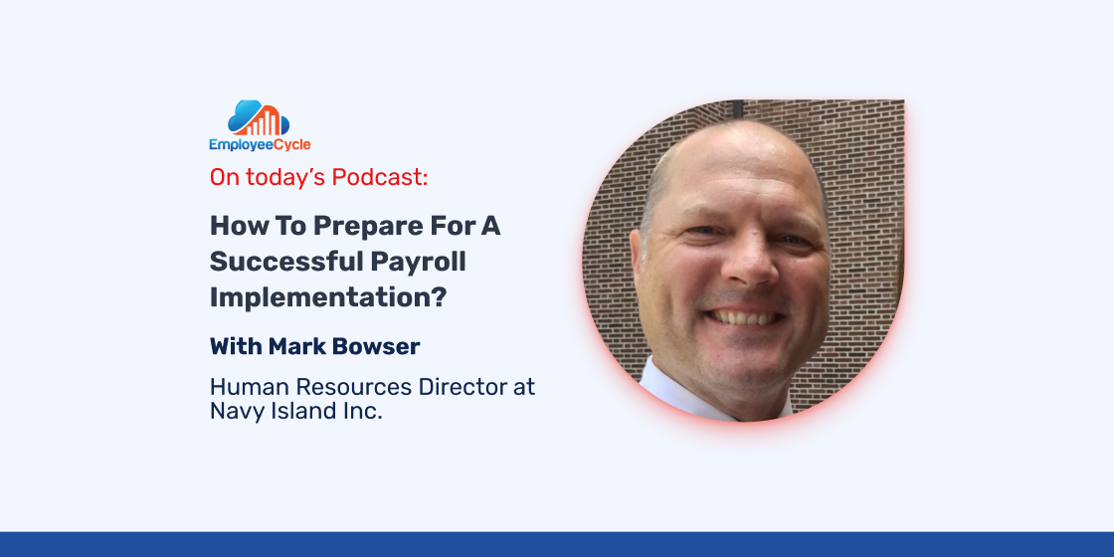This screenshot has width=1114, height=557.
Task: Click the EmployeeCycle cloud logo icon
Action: (259, 118)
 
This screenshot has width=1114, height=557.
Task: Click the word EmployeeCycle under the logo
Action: (260, 145)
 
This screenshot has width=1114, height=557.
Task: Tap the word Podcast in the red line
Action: (380, 178)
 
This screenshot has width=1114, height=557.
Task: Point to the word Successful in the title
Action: (286, 262)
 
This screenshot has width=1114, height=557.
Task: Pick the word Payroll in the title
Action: (418, 263)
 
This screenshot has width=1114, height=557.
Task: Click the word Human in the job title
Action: (250, 387)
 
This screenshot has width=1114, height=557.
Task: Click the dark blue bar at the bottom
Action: (557, 544)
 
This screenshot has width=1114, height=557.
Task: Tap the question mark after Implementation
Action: (439, 298)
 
